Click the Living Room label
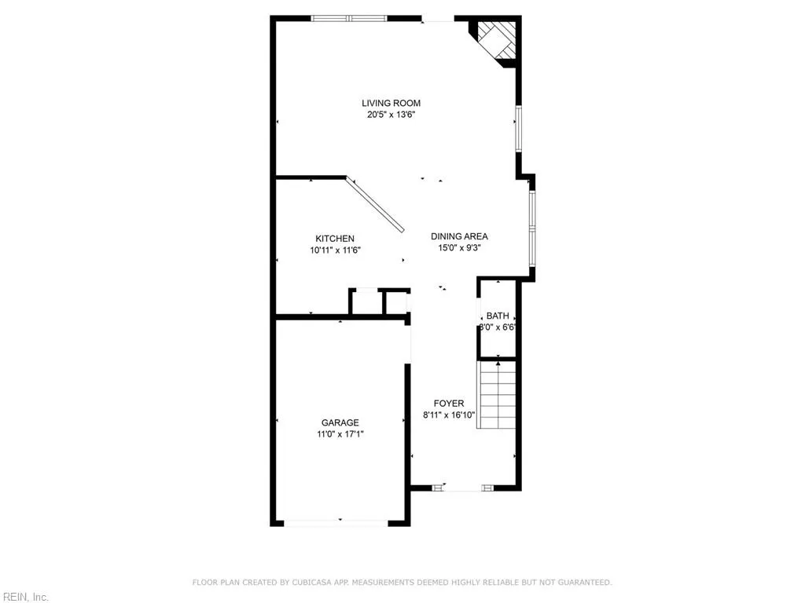point(391,103)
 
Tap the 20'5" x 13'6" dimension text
point(391,115)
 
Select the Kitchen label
point(335,239)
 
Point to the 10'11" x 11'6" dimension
point(335,250)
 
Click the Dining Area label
point(459,236)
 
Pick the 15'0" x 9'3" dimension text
point(459,248)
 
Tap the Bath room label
point(498,316)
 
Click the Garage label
point(340,422)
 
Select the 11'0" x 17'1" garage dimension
point(340,434)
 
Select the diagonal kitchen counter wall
point(376,204)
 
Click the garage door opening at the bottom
point(340,522)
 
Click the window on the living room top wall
point(349,18)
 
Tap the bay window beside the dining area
point(532,228)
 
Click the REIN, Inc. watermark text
point(24,597)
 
